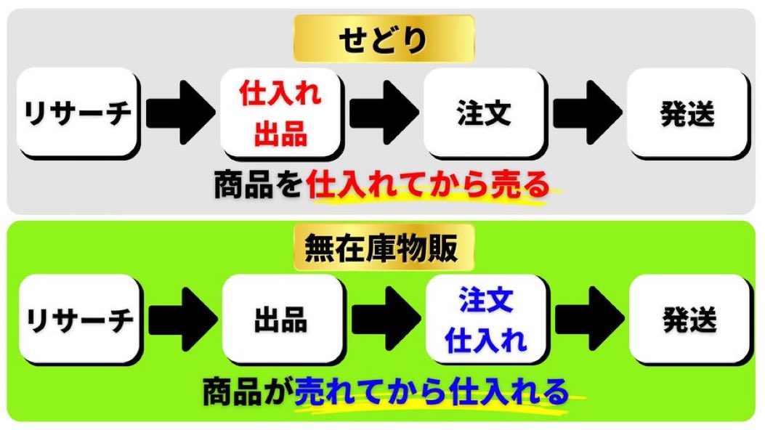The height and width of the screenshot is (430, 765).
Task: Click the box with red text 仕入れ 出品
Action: tap(280, 113)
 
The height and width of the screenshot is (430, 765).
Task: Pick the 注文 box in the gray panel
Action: tap(484, 113)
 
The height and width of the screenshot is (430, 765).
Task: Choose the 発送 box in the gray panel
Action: tap(687, 113)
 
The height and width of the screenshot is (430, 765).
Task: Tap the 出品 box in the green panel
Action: tap(282, 320)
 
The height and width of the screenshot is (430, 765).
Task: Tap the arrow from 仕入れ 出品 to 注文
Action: tap(384, 113)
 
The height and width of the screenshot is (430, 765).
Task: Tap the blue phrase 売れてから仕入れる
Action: tap(432, 392)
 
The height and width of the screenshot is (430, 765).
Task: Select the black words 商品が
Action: tap(247, 392)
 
